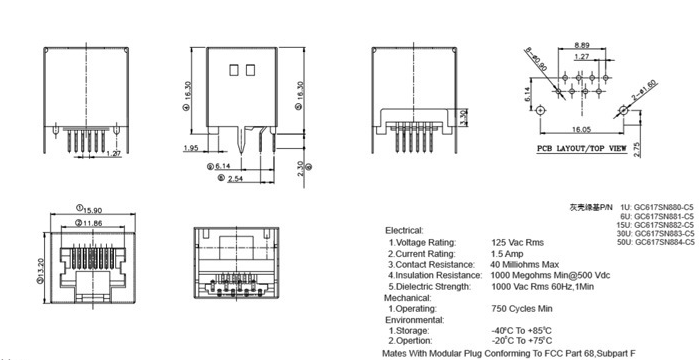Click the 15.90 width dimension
[91, 208]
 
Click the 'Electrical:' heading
[404, 229]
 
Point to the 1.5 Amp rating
[508, 256]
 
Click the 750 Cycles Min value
[522, 309]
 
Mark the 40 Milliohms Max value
[525, 265]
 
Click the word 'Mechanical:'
[408, 297]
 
